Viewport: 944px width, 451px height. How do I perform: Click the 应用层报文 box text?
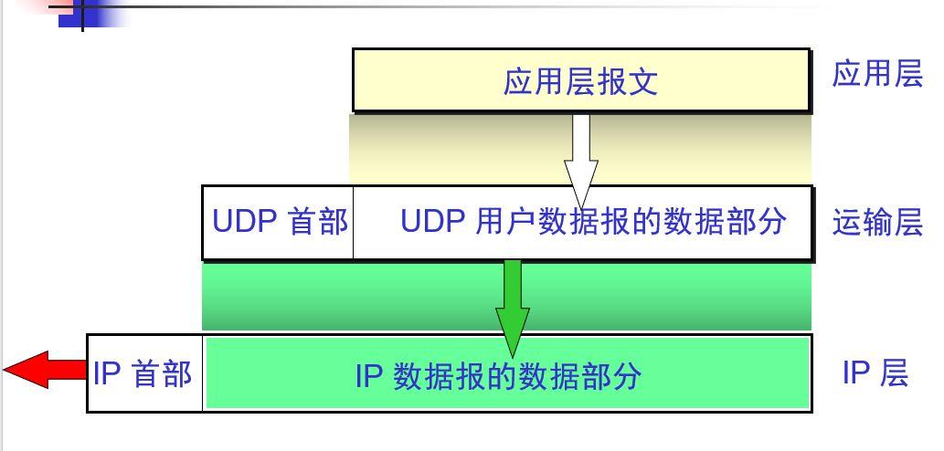pyautogui.click(x=580, y=82)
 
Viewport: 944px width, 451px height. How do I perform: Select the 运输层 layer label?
pyautogui.click(x=877, y=223)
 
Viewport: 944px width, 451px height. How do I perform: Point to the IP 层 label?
pyautogui.click(x=875, y=373)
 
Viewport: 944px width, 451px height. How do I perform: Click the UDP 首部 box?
pyautogui.click(x=279, y=223)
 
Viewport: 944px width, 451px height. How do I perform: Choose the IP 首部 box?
pyautogui.click(x=143, y=373)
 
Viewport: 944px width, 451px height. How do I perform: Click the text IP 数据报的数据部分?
pyautogui.click(x=498, y=376)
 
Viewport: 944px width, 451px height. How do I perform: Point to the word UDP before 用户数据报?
pyautogui.click(x=433, y=223)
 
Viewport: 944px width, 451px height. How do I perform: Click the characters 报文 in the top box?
pyautogui.click(x=627, y=82)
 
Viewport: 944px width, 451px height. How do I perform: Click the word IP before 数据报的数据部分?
pyautogui.click(x=369, y=376)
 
